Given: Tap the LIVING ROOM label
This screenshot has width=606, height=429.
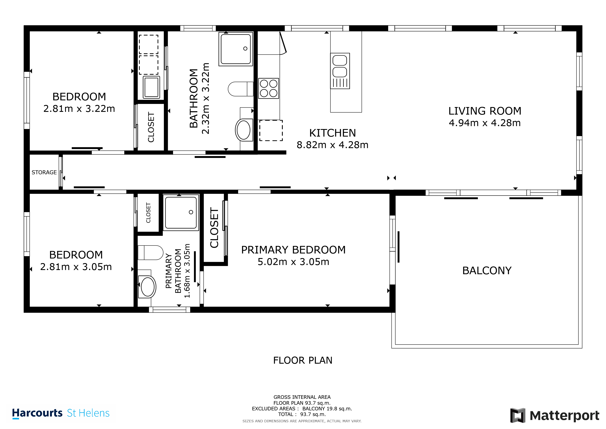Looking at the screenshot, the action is (x=485, y=111).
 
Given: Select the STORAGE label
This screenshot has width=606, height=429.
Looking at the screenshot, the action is (x=44, y=172).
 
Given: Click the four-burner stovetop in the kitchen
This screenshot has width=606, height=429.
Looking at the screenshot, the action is (x=268, y=88).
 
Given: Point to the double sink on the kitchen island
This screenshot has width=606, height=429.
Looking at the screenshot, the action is (x=340, y=71).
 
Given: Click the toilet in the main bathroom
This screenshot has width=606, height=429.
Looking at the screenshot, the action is (x=240, y=89).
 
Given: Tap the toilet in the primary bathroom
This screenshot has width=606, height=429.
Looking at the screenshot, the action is (x=150, y=253).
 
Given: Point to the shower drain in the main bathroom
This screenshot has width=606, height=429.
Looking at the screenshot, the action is (x=245, y=49).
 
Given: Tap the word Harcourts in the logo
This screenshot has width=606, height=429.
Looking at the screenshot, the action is (x=37, y=413).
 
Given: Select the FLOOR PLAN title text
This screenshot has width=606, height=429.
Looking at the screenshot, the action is (x=303, y=360).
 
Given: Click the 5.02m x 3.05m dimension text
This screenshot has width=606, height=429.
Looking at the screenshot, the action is (x=293, y=262).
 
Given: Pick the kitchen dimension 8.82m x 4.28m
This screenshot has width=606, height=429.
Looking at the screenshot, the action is (x=332, y=145).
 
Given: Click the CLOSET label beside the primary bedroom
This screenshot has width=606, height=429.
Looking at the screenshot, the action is (x=214, y=228).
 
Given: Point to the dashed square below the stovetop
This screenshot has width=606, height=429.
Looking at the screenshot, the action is (x=271, y=131).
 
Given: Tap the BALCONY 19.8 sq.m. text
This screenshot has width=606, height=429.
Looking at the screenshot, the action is (x=327, y=409).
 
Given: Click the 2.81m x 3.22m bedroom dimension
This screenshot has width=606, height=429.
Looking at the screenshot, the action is (x=79, y=109).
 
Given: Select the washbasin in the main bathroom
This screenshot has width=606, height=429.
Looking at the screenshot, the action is (x=243, y=130).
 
